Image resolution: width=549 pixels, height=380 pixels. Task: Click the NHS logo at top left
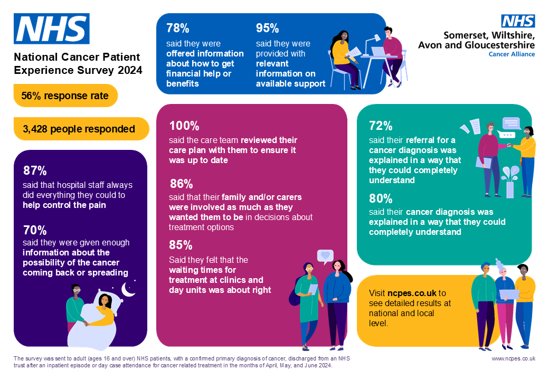pyautogui.click(x=52, y=29)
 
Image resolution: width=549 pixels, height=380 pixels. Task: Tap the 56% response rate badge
pyautogui.click(x=65, y=96)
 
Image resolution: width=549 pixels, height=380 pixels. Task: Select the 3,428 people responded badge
pyautogui.click(x=79, y=129)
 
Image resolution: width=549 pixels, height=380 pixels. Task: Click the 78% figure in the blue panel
pyautogui.click(x=178, y=28)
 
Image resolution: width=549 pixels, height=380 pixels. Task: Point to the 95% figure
pyautogui.click(x=267, y=28)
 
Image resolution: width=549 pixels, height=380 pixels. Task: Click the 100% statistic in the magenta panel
pyautogui.click(x=184, y=126)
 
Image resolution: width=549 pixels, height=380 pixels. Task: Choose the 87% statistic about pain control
pyautogui.click(x=35, y=171)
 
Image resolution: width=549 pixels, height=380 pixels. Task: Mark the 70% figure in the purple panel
pyautogui.click(x=35, y=230)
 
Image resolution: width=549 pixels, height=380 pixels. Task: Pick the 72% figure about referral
pyautogui.click(x=381, y=126)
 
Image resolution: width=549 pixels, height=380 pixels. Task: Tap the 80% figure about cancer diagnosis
pyautogui.click(x=381, y=199)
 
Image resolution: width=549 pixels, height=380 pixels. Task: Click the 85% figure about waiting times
pyautogui.click(x=181, y=245)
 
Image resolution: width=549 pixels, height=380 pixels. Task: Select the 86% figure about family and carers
pyautogui.click(x=181, y=184)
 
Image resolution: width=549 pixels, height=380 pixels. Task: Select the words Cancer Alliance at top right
pyautogui.click(x=512, y=54)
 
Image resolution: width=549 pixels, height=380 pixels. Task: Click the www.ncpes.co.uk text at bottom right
pyautogui.click(x=514, y=358)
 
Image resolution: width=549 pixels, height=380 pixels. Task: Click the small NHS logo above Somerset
pyautogui.click(x=518, y=21)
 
